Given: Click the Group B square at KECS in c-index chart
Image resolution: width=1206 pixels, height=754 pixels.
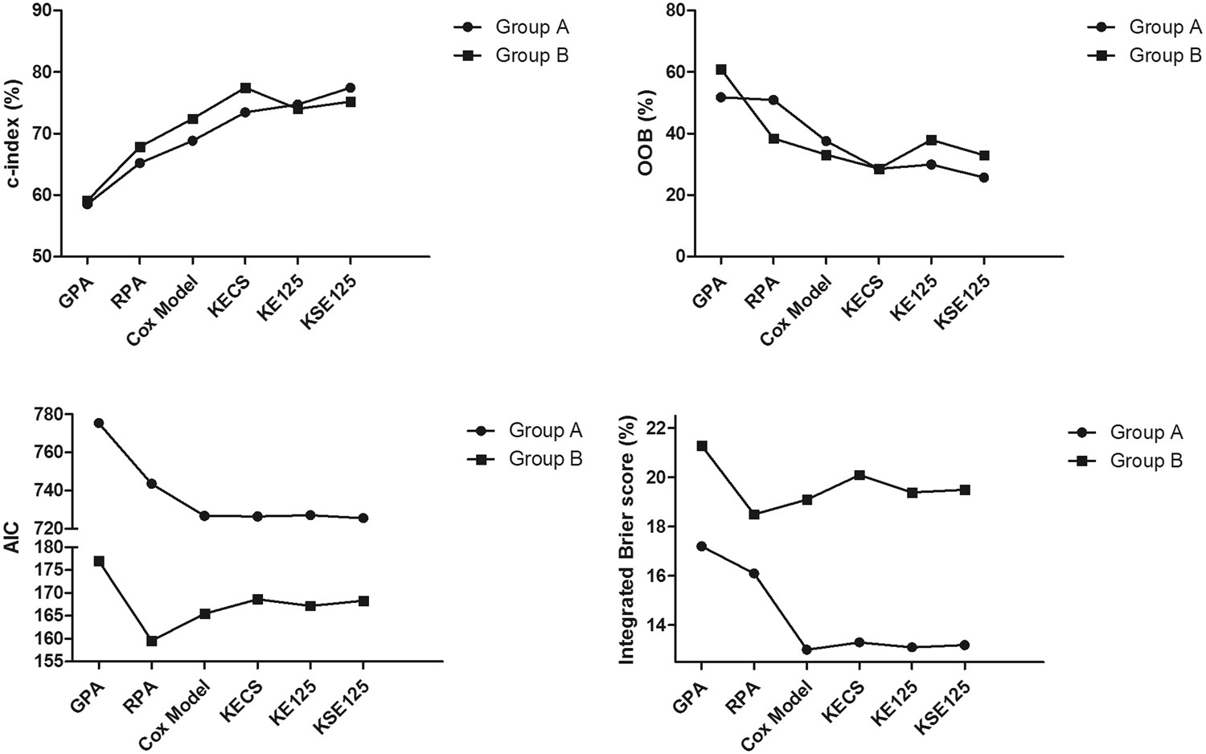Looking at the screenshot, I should coord(245,88).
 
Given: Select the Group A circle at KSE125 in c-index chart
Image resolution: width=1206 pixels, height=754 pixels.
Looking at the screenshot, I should coord(351,88).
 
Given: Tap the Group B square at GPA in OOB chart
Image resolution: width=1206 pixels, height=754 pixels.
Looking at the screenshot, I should coord(721,70).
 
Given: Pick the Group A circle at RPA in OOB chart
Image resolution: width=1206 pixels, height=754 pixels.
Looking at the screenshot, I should coord(773,100).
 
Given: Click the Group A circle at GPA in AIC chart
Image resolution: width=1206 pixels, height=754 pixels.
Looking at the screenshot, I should coord(99,423).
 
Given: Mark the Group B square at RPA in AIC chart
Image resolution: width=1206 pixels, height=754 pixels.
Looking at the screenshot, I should coord(152,641).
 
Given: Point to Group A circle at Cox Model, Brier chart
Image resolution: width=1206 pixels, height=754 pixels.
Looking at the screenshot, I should coord(806,650).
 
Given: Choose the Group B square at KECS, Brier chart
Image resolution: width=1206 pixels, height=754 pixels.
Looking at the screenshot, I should coord(859,475).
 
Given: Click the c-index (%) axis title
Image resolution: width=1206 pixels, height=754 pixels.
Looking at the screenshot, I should coord(13,133).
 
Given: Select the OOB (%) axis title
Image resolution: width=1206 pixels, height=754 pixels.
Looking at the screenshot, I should coord(646,133).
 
